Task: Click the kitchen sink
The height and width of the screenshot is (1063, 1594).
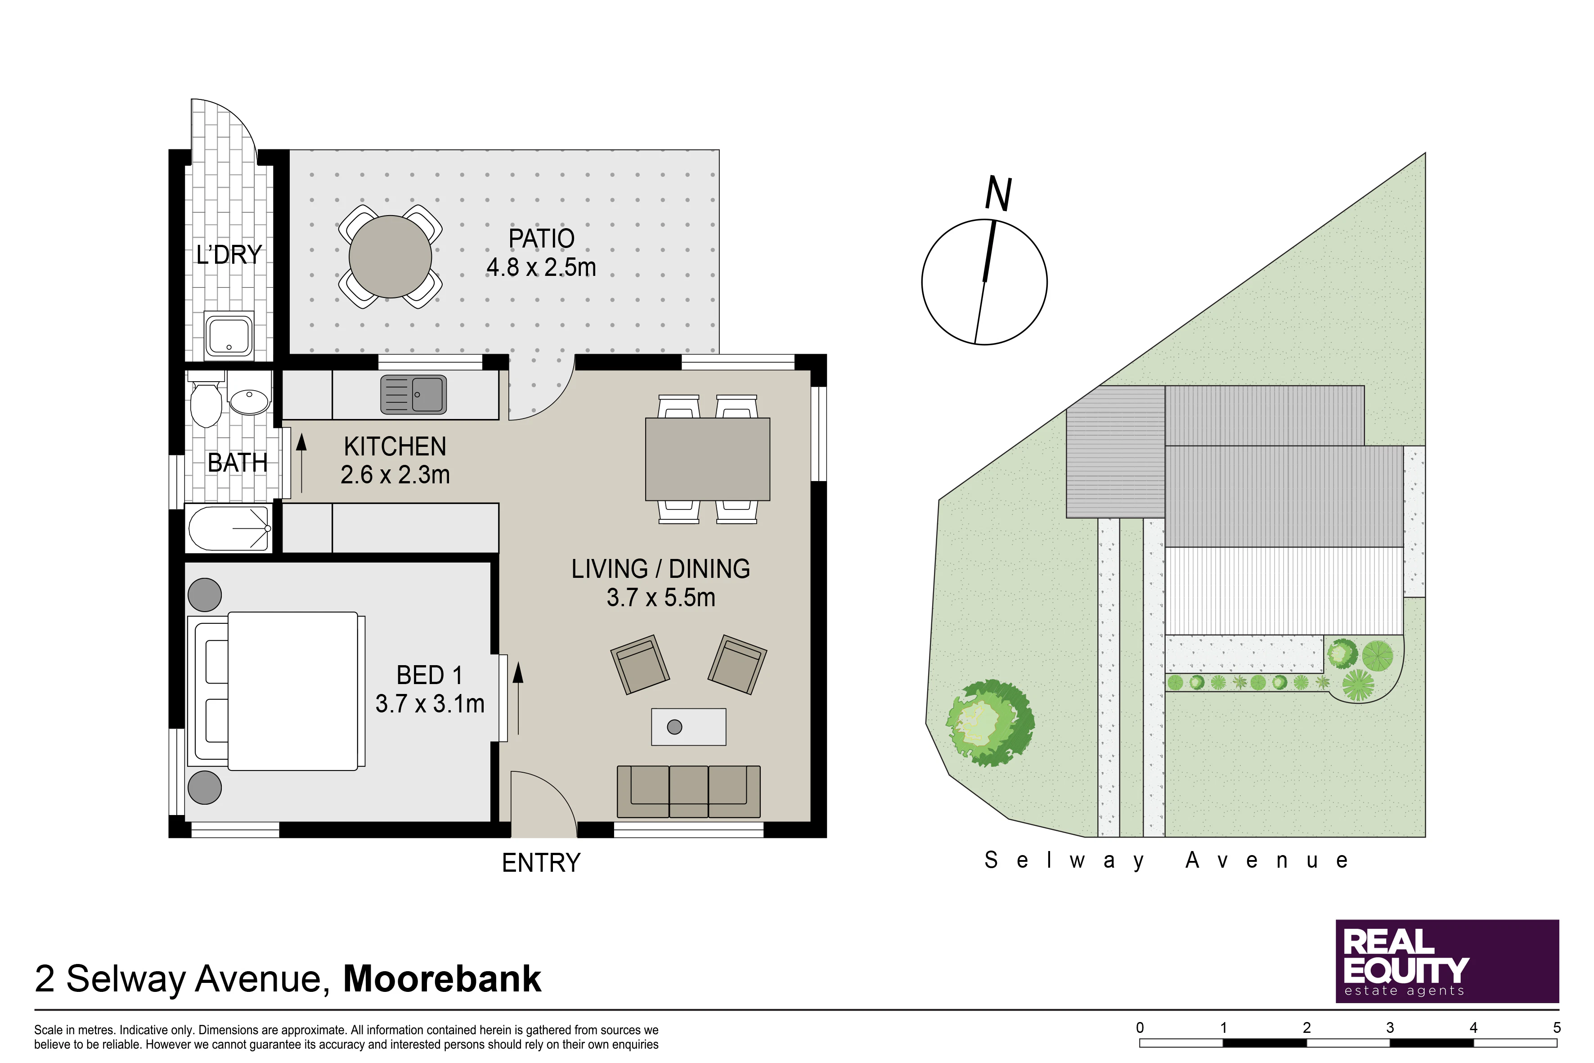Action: click(413, 395)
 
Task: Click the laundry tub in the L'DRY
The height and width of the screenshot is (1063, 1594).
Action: click(229, 335)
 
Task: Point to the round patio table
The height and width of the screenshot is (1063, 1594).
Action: click(391, 256)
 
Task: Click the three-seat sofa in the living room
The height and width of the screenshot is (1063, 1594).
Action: click(688, 792)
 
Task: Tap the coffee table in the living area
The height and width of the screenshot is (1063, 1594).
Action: click(688, 727)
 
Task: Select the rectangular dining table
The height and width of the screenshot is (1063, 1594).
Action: click(708, 459)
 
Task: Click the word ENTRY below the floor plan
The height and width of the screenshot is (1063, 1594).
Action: click(541, 863)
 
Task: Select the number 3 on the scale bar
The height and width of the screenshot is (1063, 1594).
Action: click(1390, 1028)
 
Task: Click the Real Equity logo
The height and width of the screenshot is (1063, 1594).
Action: click(1447, 961)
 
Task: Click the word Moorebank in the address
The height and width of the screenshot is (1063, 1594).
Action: click(442, 979)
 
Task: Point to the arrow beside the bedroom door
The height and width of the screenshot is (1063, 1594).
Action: click(518, 698)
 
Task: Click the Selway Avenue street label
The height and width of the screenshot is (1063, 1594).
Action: click(1166, 861)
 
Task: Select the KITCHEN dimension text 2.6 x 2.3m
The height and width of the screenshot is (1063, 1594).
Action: click(395, 474)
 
